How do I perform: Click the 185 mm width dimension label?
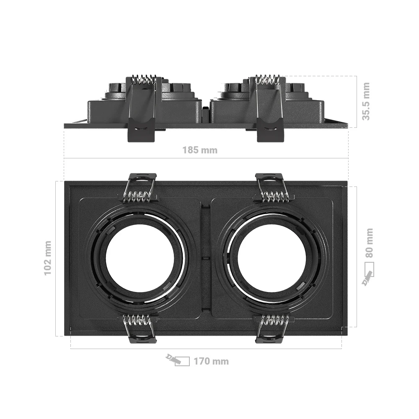pos(200,150)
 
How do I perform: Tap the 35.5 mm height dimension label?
pos(366,101)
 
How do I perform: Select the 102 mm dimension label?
pos(48,258)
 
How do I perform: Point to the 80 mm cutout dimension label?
pos(369,243)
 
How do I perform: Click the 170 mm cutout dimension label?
pos(211,361)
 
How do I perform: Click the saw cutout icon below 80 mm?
pos(368,274)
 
